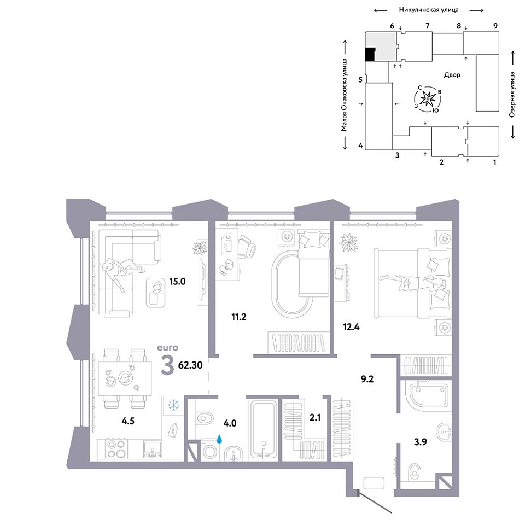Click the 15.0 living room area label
pyautogui.click(x=177, y=281)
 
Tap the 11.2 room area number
pyautogui.click(x=239, y=317)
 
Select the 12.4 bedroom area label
pyautogui.click(x=351, y=326)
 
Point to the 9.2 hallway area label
pyautogui.click(x=367, y=379)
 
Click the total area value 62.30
pyautogui.click(x=190, y=365)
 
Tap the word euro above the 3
pyautogui.click(x=168, y=348)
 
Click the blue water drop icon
pyautogui.click(x=219, y=439)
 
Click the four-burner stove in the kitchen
pyautogui.click(x=115, y=449)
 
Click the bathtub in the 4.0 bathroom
pyautogui.click(x=264, y=430)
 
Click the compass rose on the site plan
pyautogui.click(x=428, y=99)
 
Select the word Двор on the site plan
pyautogui.click(x=452, y=75)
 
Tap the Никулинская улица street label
pyautogui.click(x=429, y=10)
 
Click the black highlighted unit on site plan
pyautogui.click(x=370, y=55)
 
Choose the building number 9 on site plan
pyautogui.click(x=495, y=26)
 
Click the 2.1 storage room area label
pyautogui.click(x=315, y=417)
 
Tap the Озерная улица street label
pyautogui.click(x=512, y=95)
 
